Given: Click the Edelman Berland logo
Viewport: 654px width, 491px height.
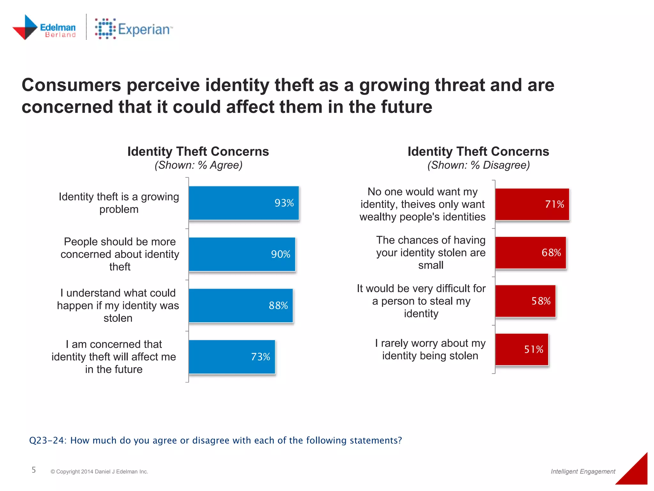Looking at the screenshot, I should (44, 28).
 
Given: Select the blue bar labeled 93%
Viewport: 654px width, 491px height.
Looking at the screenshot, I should (244, 203).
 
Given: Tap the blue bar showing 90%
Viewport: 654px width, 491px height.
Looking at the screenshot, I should (242, 254).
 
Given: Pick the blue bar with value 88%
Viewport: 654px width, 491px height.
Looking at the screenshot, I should (240, 305).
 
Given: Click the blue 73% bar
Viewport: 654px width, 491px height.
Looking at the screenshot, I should (232, 357).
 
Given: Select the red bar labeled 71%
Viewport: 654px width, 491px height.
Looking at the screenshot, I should (532, 204).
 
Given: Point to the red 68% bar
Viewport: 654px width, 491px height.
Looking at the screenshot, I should (530, 253).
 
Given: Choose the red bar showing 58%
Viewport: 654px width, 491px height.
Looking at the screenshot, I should (525, 301).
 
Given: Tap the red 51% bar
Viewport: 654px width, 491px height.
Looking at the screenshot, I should (521, 349).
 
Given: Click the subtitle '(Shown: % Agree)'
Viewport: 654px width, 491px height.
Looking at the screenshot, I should (198, 165).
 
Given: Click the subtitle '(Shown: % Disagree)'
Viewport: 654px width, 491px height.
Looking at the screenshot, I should (478, 165).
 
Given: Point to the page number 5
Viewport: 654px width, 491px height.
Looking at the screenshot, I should (34, 470).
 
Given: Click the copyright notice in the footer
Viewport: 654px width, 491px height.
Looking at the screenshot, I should (99, 472).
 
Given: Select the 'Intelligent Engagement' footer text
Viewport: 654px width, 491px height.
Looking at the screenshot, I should (583, 472).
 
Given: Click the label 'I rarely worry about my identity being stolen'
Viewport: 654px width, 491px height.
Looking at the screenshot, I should (430, 349).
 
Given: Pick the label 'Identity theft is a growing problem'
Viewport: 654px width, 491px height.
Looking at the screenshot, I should (119, 203).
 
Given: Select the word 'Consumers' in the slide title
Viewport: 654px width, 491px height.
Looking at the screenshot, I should (71, 85).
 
